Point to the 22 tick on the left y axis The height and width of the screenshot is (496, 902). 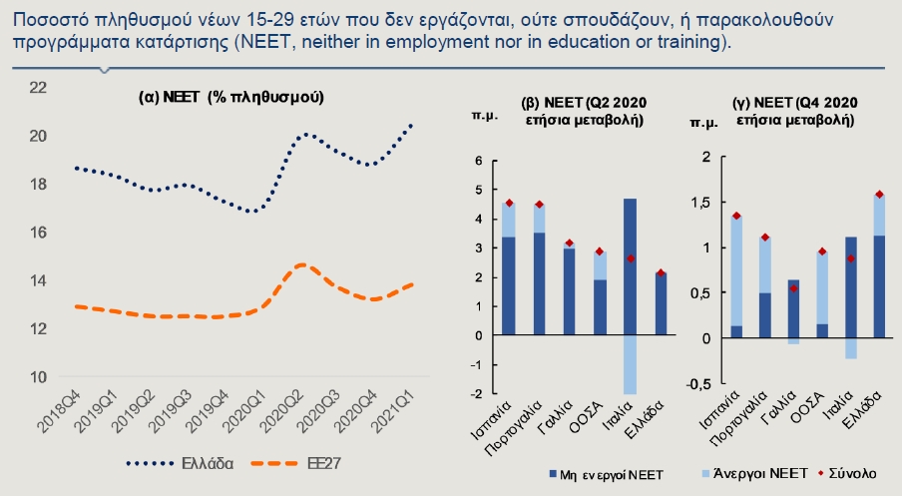click(39, 87)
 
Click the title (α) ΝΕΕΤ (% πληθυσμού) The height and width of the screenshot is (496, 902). click(230, 97)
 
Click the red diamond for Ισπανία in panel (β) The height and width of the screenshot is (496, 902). click(510, 204)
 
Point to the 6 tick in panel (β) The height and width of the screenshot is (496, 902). click(479, 160)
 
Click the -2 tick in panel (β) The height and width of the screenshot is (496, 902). click(478, 394)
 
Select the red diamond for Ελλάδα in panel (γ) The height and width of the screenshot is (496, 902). click(879, 195)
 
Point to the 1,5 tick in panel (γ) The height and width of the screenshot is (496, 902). click(702, 203)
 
